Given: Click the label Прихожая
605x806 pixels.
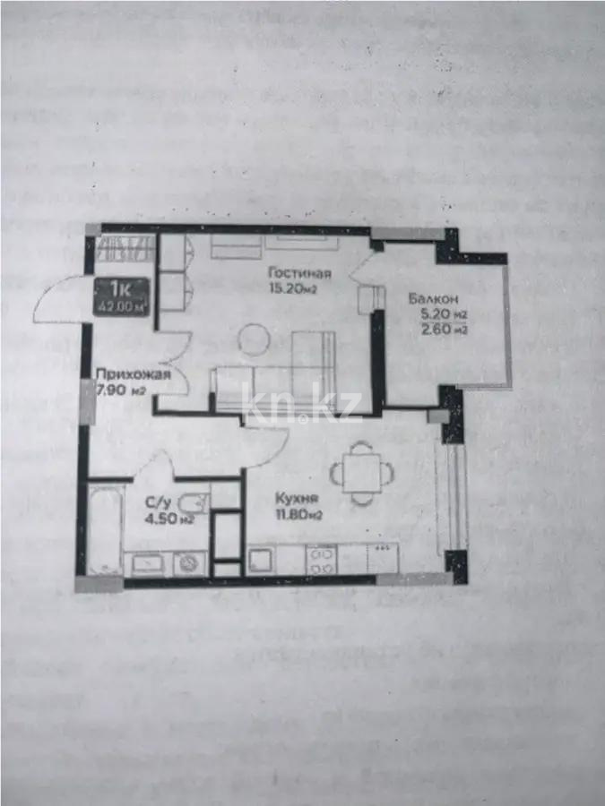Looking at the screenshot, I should [x=133, y=374].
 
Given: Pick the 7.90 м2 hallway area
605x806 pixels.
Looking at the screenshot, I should [x=122, y=390].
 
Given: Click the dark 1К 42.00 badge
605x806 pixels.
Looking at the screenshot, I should [x=124, y=294].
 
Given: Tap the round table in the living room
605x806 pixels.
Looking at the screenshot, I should [x=254, y=340].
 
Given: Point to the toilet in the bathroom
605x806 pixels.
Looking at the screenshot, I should [x=194, y=503].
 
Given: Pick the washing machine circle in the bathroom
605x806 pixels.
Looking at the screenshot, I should [x=189, y=562].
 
